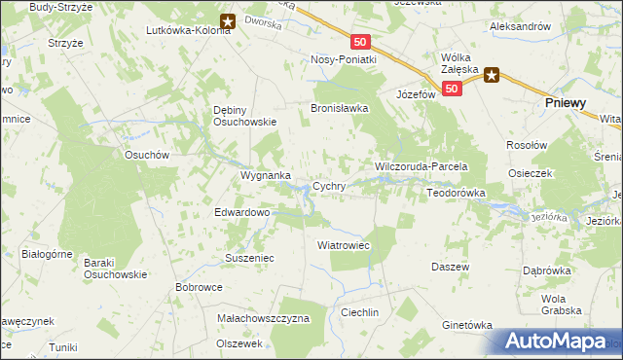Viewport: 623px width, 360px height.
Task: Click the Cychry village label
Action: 328,186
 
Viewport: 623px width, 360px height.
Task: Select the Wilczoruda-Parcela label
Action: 422,167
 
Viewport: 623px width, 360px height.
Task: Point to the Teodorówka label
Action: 456,194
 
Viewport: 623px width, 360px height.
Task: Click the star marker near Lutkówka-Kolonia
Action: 227,19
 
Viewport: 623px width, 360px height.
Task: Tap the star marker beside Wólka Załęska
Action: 493,75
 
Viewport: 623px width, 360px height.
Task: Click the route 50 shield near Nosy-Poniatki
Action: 361,42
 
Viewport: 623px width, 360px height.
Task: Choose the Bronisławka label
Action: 339,109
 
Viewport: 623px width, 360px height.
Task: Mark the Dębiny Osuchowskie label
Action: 245,116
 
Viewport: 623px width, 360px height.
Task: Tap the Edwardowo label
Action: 241,212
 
